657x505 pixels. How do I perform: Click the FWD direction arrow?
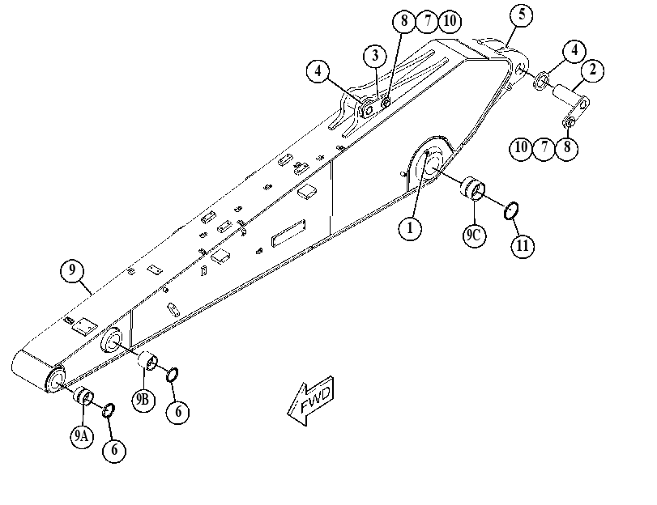311,401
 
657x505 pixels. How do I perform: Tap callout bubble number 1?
409,228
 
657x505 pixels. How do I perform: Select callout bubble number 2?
592,70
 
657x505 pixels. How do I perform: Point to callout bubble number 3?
375,56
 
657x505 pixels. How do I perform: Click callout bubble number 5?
522,15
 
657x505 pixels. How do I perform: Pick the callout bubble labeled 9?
72,271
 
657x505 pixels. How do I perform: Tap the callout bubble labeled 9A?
82,436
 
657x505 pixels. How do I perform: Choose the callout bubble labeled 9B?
143,400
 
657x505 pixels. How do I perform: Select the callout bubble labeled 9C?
474,235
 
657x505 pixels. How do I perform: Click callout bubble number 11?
523,246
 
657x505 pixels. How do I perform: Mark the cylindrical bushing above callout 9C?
473,187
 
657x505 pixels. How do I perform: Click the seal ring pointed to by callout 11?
511,210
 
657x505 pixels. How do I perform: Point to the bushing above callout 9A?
83,396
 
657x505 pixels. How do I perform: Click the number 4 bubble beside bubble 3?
318,71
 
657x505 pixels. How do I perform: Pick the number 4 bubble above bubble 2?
574,51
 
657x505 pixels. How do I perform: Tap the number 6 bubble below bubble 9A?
114,451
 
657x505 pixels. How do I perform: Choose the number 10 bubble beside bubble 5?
450,20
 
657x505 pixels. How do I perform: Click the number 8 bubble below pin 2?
567,148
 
